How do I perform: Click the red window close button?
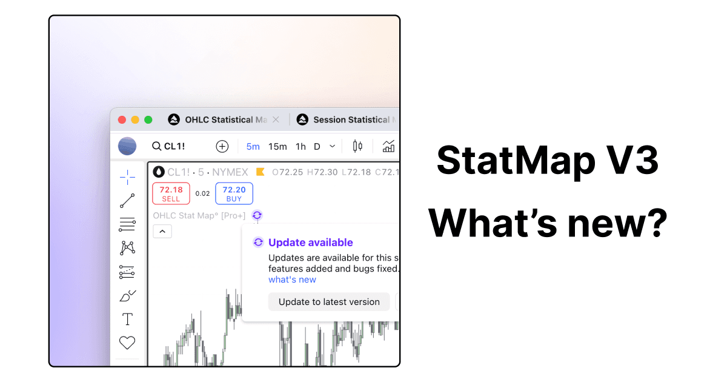click(122, 120)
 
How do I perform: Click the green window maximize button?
click(148, 120)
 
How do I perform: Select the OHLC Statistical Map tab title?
click(225, 120)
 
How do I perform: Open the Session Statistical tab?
click(351, 120)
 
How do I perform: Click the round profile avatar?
click(127, 146)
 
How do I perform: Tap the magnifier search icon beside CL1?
click(156, 146)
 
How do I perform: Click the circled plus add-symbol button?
click(222, 146)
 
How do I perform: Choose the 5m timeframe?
click(253, 146)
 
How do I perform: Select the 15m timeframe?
click(277, 146)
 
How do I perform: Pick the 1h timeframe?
click(300, 146)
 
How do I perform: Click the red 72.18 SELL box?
click(171, 193)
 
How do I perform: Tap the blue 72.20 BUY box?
click(234, 193)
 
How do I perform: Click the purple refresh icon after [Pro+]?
click(257, 215)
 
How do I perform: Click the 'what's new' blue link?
click(292, 280)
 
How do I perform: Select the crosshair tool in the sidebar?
click(127, 177)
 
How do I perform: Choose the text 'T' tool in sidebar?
click(127, 319)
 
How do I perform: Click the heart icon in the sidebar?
click(127, 343)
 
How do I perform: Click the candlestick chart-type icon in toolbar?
click(357, 146)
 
